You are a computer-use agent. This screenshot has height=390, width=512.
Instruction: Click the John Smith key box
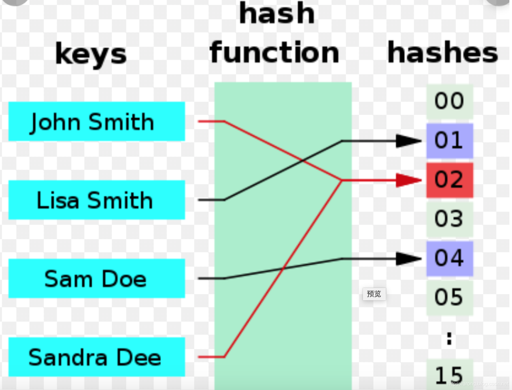coord(96,121)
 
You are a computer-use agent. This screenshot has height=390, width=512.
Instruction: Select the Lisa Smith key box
coord(96,200)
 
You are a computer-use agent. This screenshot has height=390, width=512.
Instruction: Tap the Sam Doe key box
coord(96,278)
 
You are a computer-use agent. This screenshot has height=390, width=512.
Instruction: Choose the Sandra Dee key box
coord(96,357)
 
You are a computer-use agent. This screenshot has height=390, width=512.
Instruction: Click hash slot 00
coord(450,101)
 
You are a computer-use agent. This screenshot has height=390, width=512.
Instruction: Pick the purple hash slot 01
coord(450,141)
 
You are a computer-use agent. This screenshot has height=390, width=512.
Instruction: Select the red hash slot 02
coord(450,180)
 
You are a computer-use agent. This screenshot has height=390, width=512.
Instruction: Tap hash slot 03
coord(450,219)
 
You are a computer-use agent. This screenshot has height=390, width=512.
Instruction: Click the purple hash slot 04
coord(450,258)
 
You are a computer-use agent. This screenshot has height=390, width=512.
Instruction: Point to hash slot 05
coord(450,298)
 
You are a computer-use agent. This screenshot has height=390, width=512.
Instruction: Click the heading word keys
coord(91,54)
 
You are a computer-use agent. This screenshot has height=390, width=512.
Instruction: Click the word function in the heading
coord(275,53)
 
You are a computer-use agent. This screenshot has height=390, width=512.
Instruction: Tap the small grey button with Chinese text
coord(374,294)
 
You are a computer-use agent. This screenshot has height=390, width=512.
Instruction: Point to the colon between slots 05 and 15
coord(449,339)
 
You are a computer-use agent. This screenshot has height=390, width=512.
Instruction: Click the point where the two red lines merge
coord(341,180)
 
